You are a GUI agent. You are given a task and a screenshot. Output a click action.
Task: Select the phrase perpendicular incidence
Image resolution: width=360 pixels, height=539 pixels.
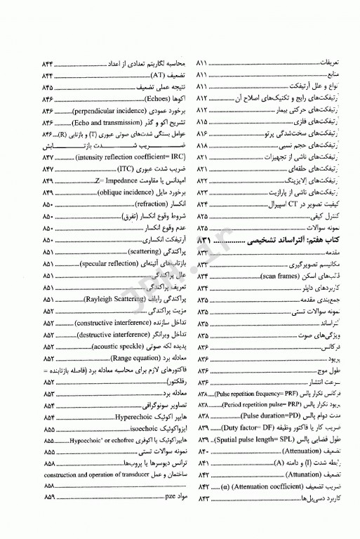point(102,111)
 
